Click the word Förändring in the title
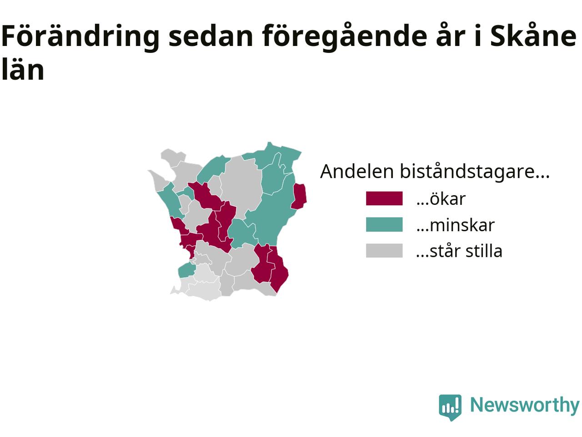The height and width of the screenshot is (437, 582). (80, 36)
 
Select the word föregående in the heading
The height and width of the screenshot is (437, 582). (345, 36)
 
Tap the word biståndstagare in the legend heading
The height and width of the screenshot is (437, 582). (475, 172)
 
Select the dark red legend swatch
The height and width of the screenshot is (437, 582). (384, 198)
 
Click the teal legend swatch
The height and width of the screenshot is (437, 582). (384, 224)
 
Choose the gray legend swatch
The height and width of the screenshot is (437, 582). (384, 250)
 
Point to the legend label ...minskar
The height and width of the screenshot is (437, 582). (455, 225)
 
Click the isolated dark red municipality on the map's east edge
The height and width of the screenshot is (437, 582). (299, 196)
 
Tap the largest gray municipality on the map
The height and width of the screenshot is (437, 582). (241, 186)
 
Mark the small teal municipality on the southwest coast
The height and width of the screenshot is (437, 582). (187, 270)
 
